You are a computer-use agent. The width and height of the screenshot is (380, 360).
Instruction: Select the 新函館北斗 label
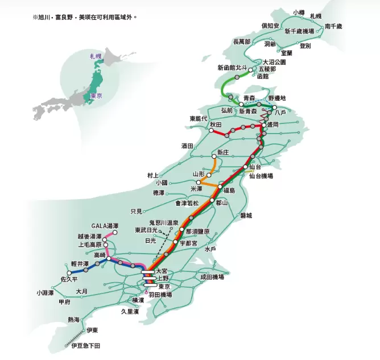[233, 68]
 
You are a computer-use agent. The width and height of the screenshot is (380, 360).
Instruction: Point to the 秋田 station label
[214, 124]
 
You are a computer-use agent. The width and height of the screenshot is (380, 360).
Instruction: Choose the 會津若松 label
[187, 202]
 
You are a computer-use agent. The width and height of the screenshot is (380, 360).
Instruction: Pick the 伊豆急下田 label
[87, 345]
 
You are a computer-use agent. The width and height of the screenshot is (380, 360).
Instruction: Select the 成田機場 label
[212, 277]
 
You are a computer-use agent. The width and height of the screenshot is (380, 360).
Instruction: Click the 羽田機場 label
[160, 295]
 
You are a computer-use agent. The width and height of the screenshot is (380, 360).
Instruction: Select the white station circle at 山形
[199, 181]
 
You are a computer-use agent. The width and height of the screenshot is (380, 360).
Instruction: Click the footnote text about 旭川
[85, 17]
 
